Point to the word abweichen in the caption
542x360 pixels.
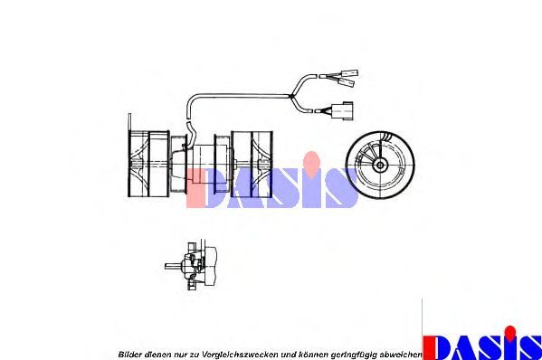pos(401,355)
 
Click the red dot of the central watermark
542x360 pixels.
pos(312,163)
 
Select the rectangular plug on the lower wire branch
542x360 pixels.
pos(342,110)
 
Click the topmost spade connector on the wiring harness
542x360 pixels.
pos(349,73)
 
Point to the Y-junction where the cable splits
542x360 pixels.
pos(291,96)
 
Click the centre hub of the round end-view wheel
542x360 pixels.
pos(380,166)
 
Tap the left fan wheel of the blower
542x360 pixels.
pos(148,164)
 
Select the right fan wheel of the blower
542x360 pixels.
pos(252,163)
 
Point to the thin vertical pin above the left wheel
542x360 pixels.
pos(129,122)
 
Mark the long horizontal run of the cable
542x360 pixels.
pos(239,96)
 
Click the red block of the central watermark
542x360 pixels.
pos(196,188)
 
